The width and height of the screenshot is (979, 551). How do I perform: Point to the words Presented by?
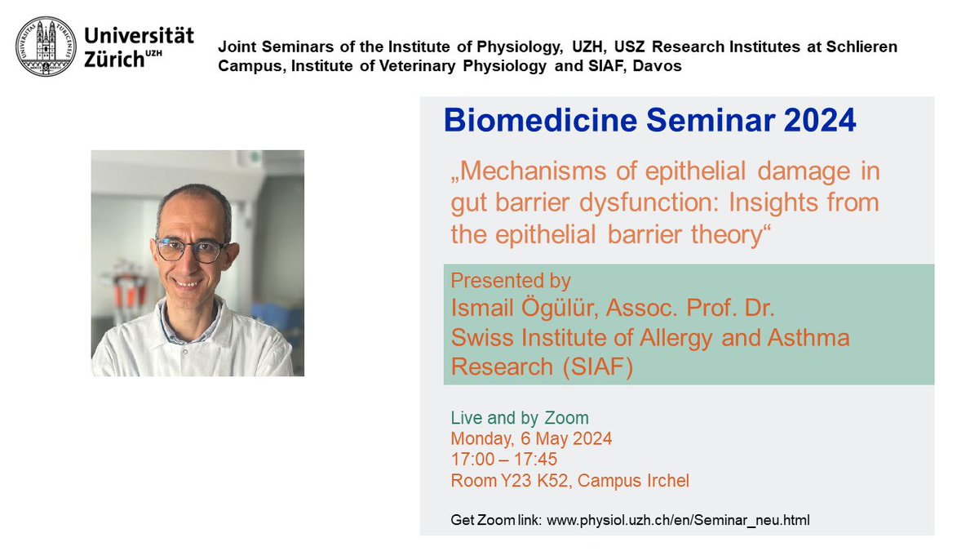[x=511, y=281]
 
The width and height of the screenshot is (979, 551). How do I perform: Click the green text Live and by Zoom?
[x=520, y=418]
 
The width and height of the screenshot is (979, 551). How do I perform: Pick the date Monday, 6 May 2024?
[x=531, y=438]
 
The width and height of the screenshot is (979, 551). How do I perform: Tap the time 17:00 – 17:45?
[x=504, y=460]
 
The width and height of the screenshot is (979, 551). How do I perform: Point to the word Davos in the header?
[x=659, y=66]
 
